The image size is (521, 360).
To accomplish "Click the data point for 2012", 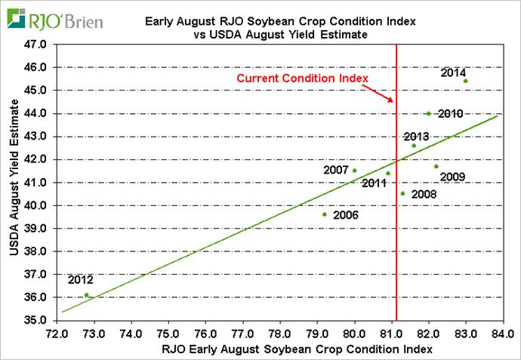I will [86, 295].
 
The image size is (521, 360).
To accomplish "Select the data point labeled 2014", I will [466, 81].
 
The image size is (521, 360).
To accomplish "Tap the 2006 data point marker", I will [325, 214].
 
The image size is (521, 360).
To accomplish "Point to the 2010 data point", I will [428, 114].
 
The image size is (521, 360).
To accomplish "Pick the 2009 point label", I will [452, 177].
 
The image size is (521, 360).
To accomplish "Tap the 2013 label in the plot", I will [416, 137].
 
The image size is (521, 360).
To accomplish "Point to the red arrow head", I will [390, 101].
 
